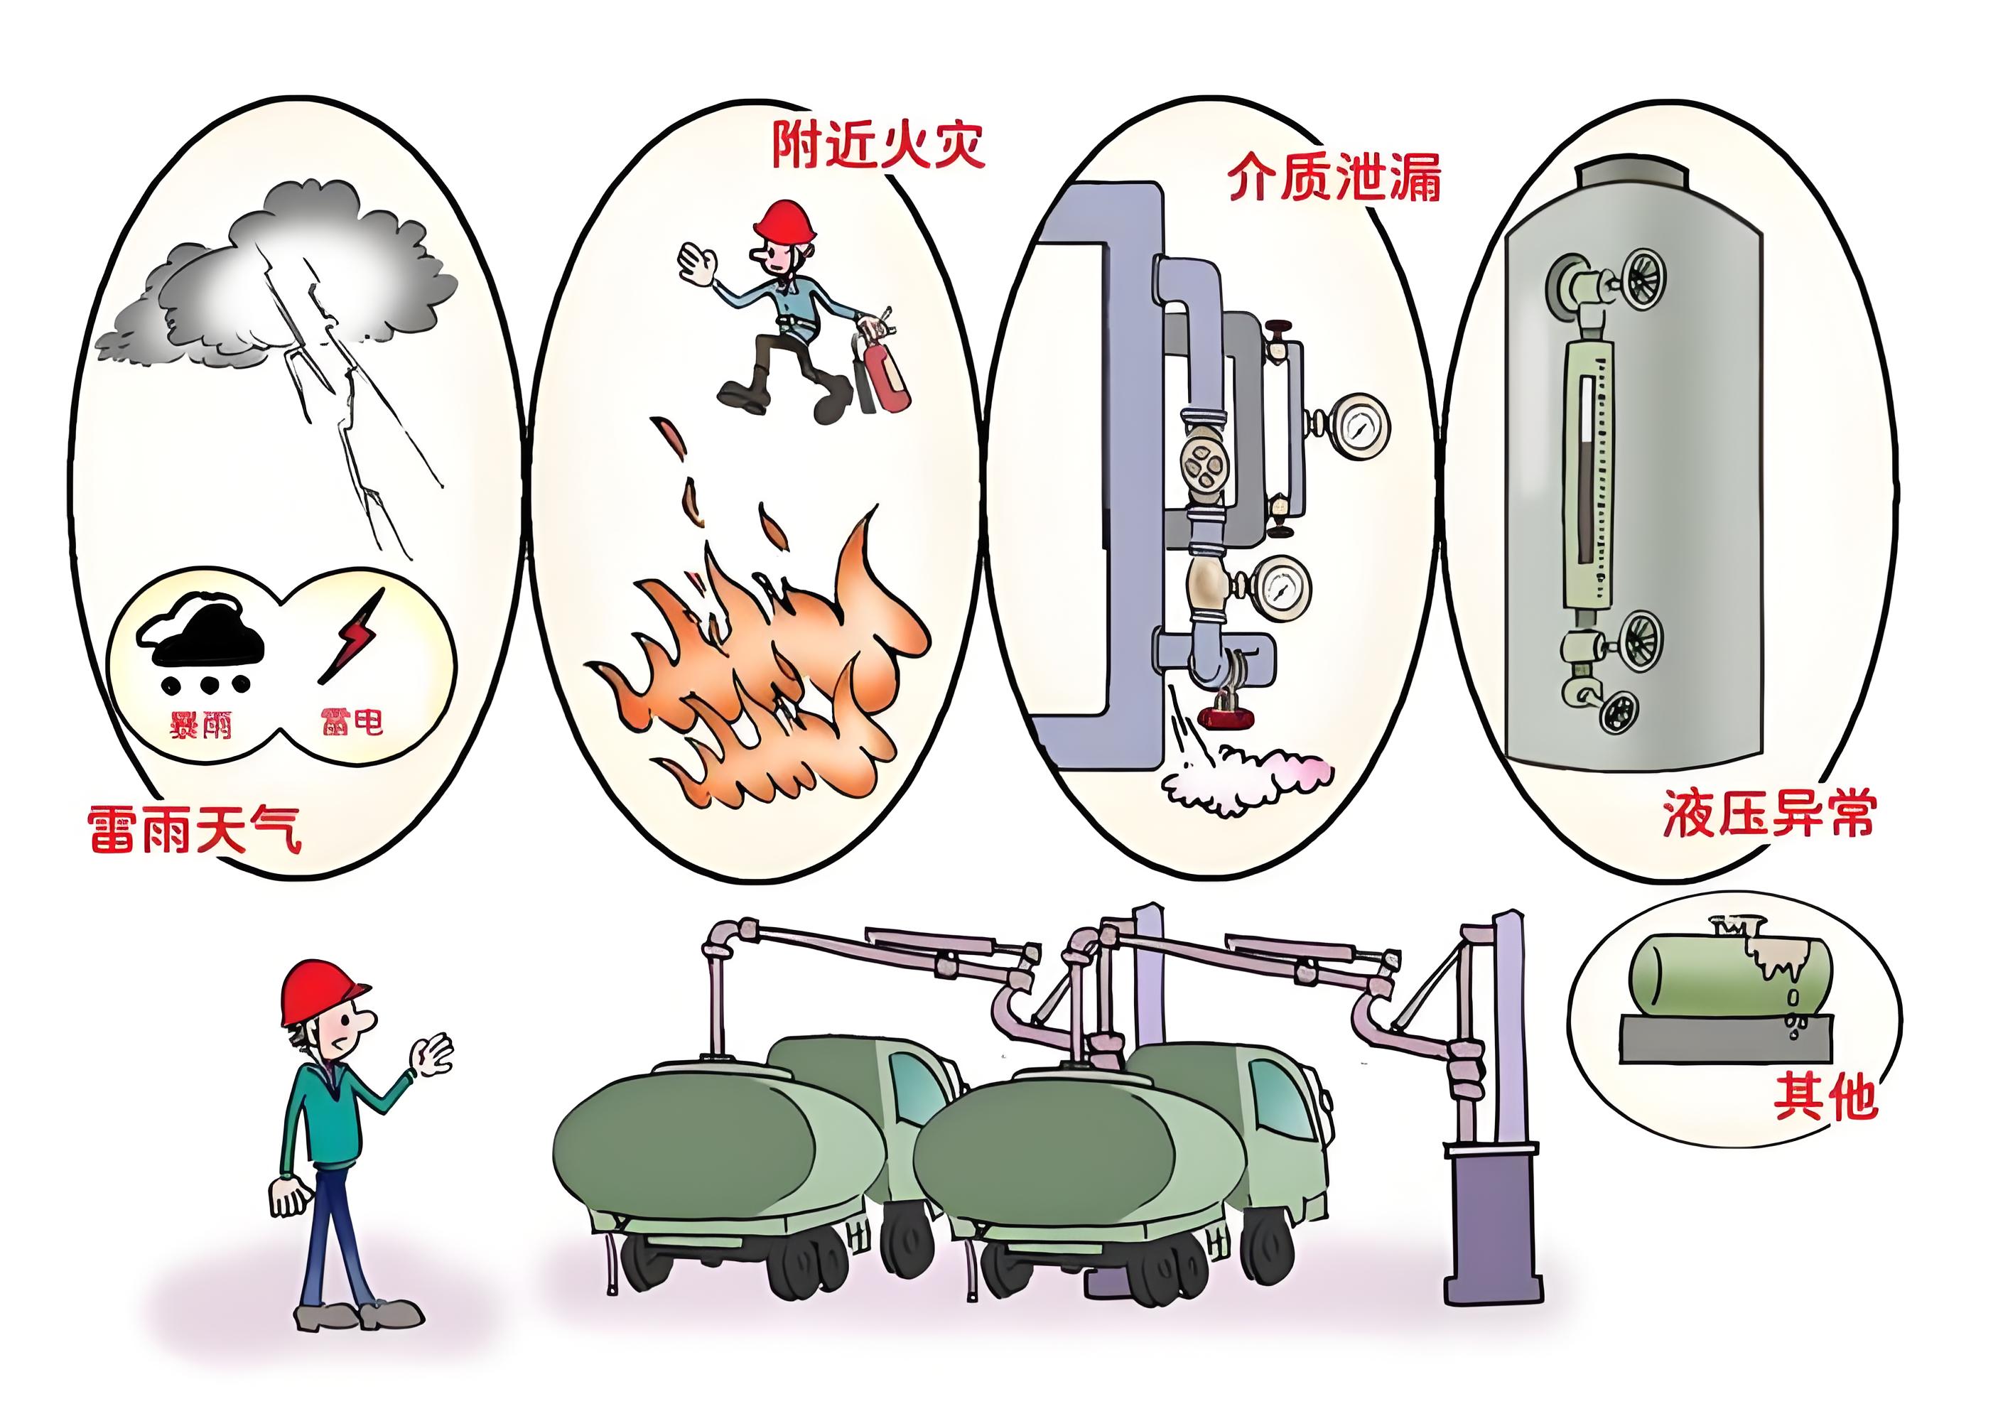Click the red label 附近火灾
877,144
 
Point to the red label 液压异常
1768,814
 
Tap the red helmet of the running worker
784,222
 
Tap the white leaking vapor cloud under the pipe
1246,774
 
